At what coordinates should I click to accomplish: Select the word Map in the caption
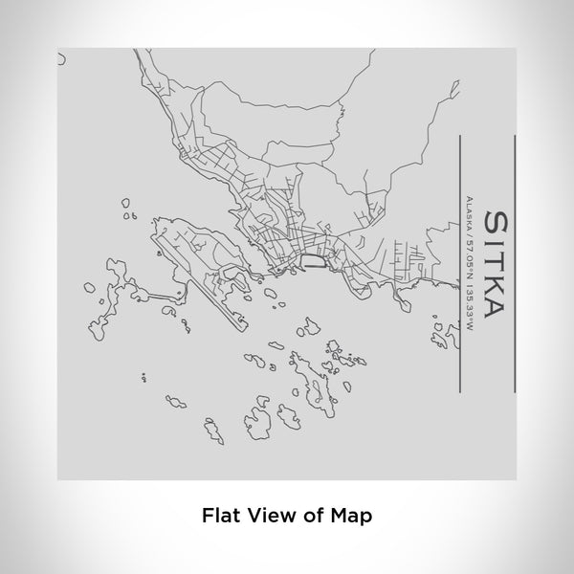(x=352, y=514)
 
